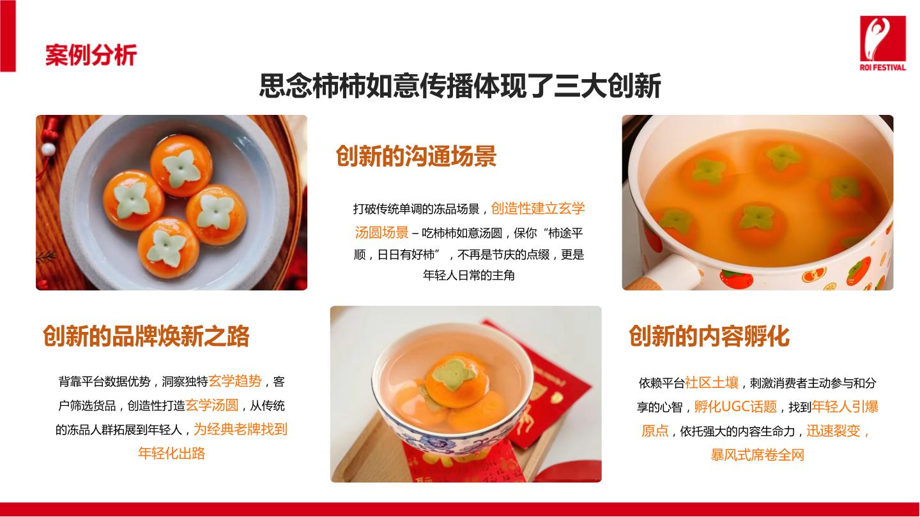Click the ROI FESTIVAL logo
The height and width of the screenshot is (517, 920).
coord(883,43)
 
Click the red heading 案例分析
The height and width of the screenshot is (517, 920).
coord(91,55)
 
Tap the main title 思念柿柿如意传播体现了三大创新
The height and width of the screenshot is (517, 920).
coord(460,86)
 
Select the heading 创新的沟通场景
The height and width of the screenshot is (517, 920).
coord(416,156)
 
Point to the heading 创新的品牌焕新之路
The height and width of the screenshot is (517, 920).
coord(146,336)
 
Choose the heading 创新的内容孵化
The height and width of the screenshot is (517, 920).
coord(709,336)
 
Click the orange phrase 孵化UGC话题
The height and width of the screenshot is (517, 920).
coord(735,407)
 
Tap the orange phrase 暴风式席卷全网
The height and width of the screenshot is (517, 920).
coord(757,454)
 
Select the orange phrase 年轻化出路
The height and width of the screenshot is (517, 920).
coord(172,453)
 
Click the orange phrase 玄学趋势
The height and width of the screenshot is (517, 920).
coord(235,381)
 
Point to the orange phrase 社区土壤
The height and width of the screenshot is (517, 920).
coord(712,382)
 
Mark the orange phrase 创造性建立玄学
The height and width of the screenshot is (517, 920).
coord(538,209)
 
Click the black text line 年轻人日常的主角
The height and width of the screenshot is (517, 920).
coord(469,275)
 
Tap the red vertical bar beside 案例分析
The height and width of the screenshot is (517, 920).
coord(8,36)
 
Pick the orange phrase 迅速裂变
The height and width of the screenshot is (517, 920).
coord(833,431)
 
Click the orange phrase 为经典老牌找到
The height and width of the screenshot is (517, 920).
coord(241,429)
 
